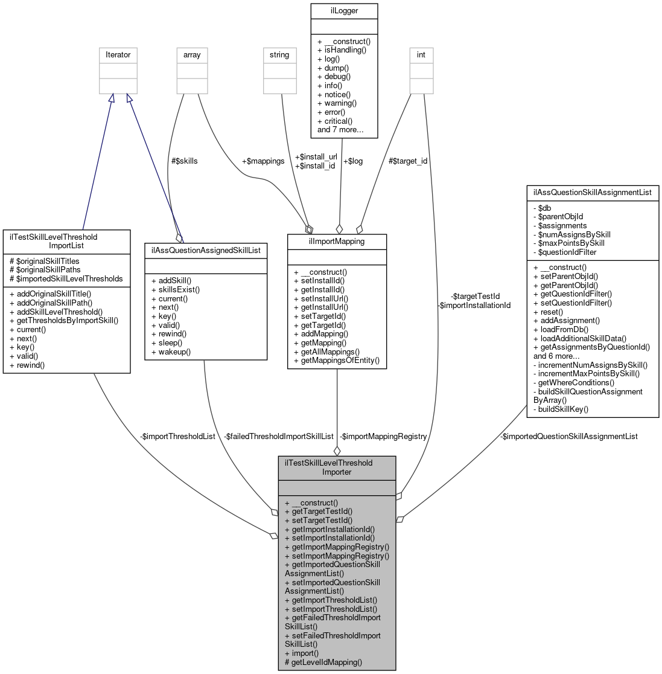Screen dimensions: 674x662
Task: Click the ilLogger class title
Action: pyautogui.click(x=343, y=10)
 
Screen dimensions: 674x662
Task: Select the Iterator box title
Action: pyautogui.click(x=118, y=54)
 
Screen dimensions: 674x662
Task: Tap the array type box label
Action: pyautogui.click(x=192, y=54)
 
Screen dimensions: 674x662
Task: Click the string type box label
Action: pyautogui.click(x=279, y=54)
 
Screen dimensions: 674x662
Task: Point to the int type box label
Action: pyautogui.click(x=421, y=54)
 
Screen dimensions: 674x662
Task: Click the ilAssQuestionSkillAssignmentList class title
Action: pyautogui.click(x=592, y=193)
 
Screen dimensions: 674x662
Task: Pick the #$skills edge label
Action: pyautogui.click(x=184, y=161)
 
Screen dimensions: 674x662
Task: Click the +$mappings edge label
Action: pyautogui.click(x=263, y=161)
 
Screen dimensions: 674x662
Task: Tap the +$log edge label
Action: pyautogui.click(x=352, y=161)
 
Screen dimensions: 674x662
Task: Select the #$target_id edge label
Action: pyautogui.click(x=407, y=161)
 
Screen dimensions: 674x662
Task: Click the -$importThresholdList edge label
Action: pyautogui.click(x=177, y=436)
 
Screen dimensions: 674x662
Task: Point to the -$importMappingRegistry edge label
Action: pyautogui.click(x=383, y=436)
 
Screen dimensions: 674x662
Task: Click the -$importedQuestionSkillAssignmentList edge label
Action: pyautogui.click(x=568, y=436)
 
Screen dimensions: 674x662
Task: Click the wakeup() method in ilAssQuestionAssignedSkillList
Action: pyautogui.click(x=174, y=351)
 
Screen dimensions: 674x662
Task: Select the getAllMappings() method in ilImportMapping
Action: pyautogui.click(x=329, y=351)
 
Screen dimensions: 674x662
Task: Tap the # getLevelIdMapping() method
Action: pyautogui.click(x=323, y=662)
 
